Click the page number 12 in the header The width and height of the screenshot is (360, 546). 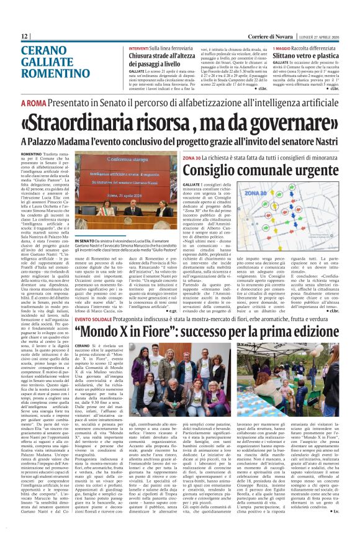25,37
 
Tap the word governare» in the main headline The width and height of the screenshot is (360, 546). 287,121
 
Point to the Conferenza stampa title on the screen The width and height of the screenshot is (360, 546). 154,166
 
